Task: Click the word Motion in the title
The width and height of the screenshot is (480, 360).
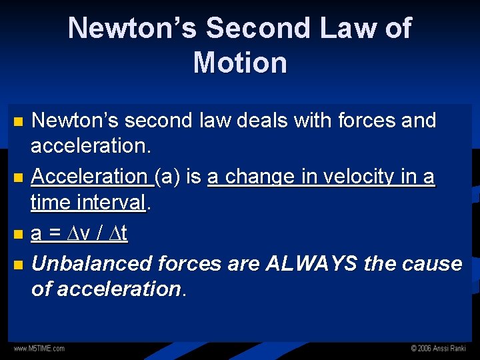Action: (240, 63)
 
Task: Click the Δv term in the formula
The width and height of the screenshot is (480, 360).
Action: (75, 233)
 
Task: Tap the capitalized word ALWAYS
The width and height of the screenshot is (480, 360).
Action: (312, 264)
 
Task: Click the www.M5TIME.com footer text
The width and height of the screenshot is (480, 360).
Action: (39, 349)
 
